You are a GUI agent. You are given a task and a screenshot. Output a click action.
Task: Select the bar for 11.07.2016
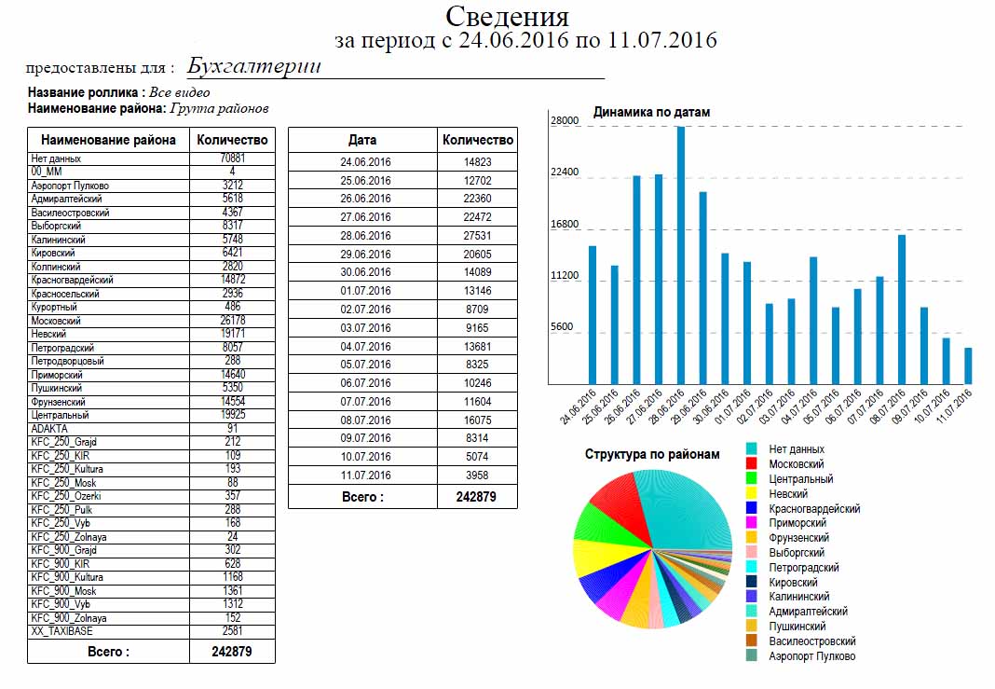pos(968,365)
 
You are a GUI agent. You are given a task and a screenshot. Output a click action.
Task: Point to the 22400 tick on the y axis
pos(565,172)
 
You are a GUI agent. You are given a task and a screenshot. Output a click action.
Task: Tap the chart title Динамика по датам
pos(651,112)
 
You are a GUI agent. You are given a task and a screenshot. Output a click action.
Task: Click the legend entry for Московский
pos(796,463)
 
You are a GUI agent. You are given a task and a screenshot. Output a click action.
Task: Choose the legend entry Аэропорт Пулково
pos(811,656)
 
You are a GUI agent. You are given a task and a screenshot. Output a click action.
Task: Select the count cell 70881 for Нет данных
pos(232,158)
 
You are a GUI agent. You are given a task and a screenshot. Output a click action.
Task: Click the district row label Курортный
pos(54,307)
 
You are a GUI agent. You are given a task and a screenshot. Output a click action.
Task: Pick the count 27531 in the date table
pos(477,236)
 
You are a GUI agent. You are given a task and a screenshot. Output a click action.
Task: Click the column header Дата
pos(362,140)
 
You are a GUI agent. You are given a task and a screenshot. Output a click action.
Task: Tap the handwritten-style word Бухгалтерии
pos(253,66)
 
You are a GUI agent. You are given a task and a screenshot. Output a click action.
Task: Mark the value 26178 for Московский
pos(232,320)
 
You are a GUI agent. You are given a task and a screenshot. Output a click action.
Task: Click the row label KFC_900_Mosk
pos(63,591)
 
